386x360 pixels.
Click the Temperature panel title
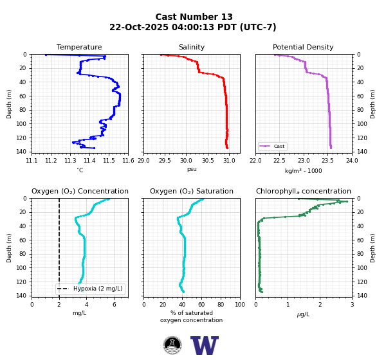pyautogui.click(x=79, y=47)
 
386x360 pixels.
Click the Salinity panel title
pyautogui.click(x=192, y=47)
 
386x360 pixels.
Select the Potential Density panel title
pyautogui.click(x=303, y=47)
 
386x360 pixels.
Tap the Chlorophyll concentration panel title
pyautogui.click(x=304, y=191)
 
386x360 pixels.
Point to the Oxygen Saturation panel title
pyautogui.click(x=192, y=191)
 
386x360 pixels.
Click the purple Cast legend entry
pyautogui.click(x=273, y=146)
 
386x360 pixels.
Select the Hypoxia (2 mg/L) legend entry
pyautogui.click(x=90, y=289)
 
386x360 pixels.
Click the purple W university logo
pyautogui.click(x=205, y=345)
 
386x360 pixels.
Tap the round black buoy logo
pyautogui.click(x=172, y=345)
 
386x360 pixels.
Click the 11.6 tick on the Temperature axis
pyautogui.click(x=128, y=161)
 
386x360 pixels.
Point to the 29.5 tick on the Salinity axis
pyautogui.click(x=165, y=161)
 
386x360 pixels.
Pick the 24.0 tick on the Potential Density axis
pyautogui.click(x=352, y=161)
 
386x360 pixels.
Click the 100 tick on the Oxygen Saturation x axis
pyautogui.click(x=240, y=305)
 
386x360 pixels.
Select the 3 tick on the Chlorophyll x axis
pyautogui.click(x=353, y=305)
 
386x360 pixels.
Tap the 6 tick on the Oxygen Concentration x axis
pyautogui.click(x=115, y=305)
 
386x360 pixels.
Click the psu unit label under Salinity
pyautogui.click(x=192, y=169)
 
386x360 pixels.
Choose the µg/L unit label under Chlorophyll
pyautogui.click(x=303, y=314)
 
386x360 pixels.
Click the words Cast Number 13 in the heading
pyautogui.click(x=194, y=17)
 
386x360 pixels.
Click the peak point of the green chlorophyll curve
pyautogui.click(x=347, y=201)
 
